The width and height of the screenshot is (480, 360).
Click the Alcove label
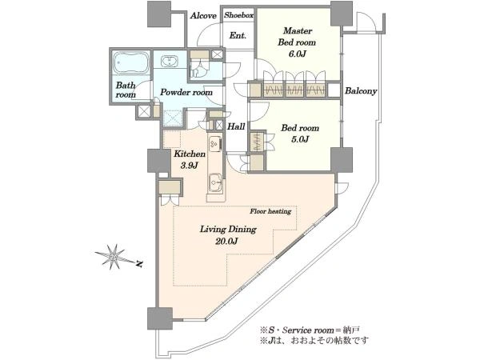[203, 16]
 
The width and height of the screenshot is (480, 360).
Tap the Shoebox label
[238, 15]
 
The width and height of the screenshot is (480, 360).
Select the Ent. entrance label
[238, 35]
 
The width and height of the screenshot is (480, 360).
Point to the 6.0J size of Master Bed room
[296, 54]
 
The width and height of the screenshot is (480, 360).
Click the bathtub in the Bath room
[130, 62]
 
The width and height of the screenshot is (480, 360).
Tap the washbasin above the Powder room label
[169, 61]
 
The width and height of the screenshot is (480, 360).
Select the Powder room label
[186, 92]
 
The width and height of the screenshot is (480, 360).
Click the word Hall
[236, 126]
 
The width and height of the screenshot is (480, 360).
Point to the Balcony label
[361, 91]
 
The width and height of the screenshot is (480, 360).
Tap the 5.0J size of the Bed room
[300, 139]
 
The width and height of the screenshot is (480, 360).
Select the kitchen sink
[216, 182]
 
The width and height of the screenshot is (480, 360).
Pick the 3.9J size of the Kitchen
[189, 166]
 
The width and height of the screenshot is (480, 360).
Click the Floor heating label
[270, 211]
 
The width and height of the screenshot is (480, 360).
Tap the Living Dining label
[228, 230]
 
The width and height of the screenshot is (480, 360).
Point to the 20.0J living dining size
[227, 242]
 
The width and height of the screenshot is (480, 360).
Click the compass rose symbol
[114, 257]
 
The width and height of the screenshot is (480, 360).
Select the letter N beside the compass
[139, 264]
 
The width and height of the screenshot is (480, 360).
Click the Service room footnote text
[309, 330]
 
